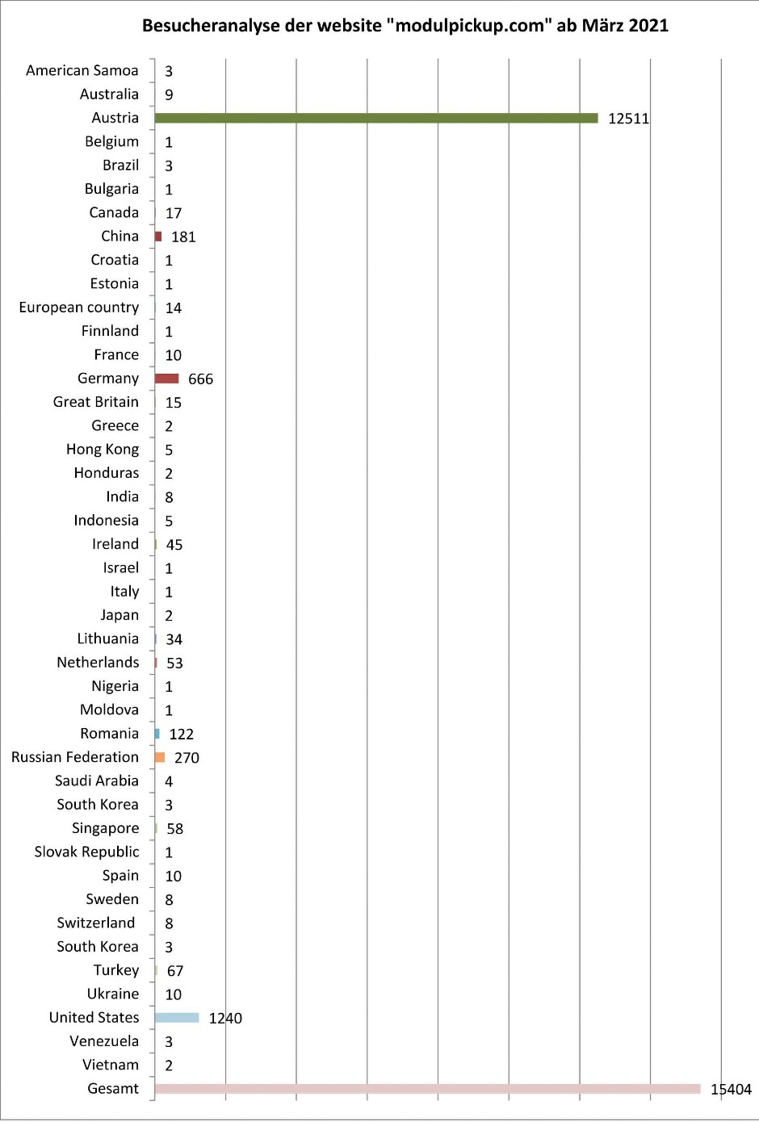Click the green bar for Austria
coord(376,118)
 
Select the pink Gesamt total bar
coord(427,1089)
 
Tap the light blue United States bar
coord(177,1018)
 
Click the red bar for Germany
coord(167,379)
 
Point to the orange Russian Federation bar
coord(160,757)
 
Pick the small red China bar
coord(158,237)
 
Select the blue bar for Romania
coord(157,734)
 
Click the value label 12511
coord(628,119)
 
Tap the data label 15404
coord(731,1090)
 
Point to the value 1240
coord(225,1019)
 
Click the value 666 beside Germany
coord(200,379)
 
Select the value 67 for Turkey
coord(175,971)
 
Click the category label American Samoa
coord(82,70)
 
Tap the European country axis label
coord(79,308)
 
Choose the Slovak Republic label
coord(86,852)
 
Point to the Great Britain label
coord(96,402)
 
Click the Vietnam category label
coord(111,1065)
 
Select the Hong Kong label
coord(103,450)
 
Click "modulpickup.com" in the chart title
coord(470,26)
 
